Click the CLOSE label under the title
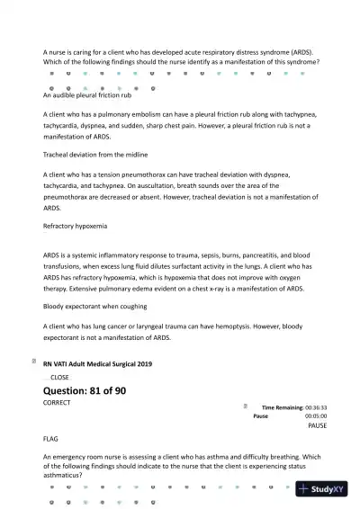(x=59, y=377)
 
